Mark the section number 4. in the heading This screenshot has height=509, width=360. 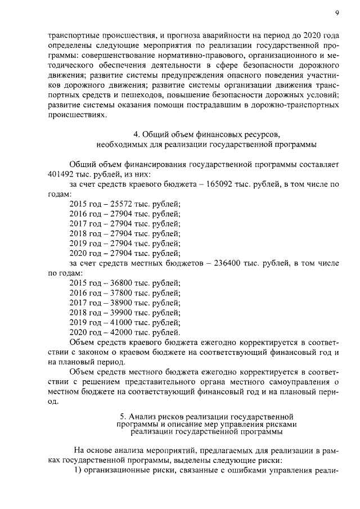coord(137,134)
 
